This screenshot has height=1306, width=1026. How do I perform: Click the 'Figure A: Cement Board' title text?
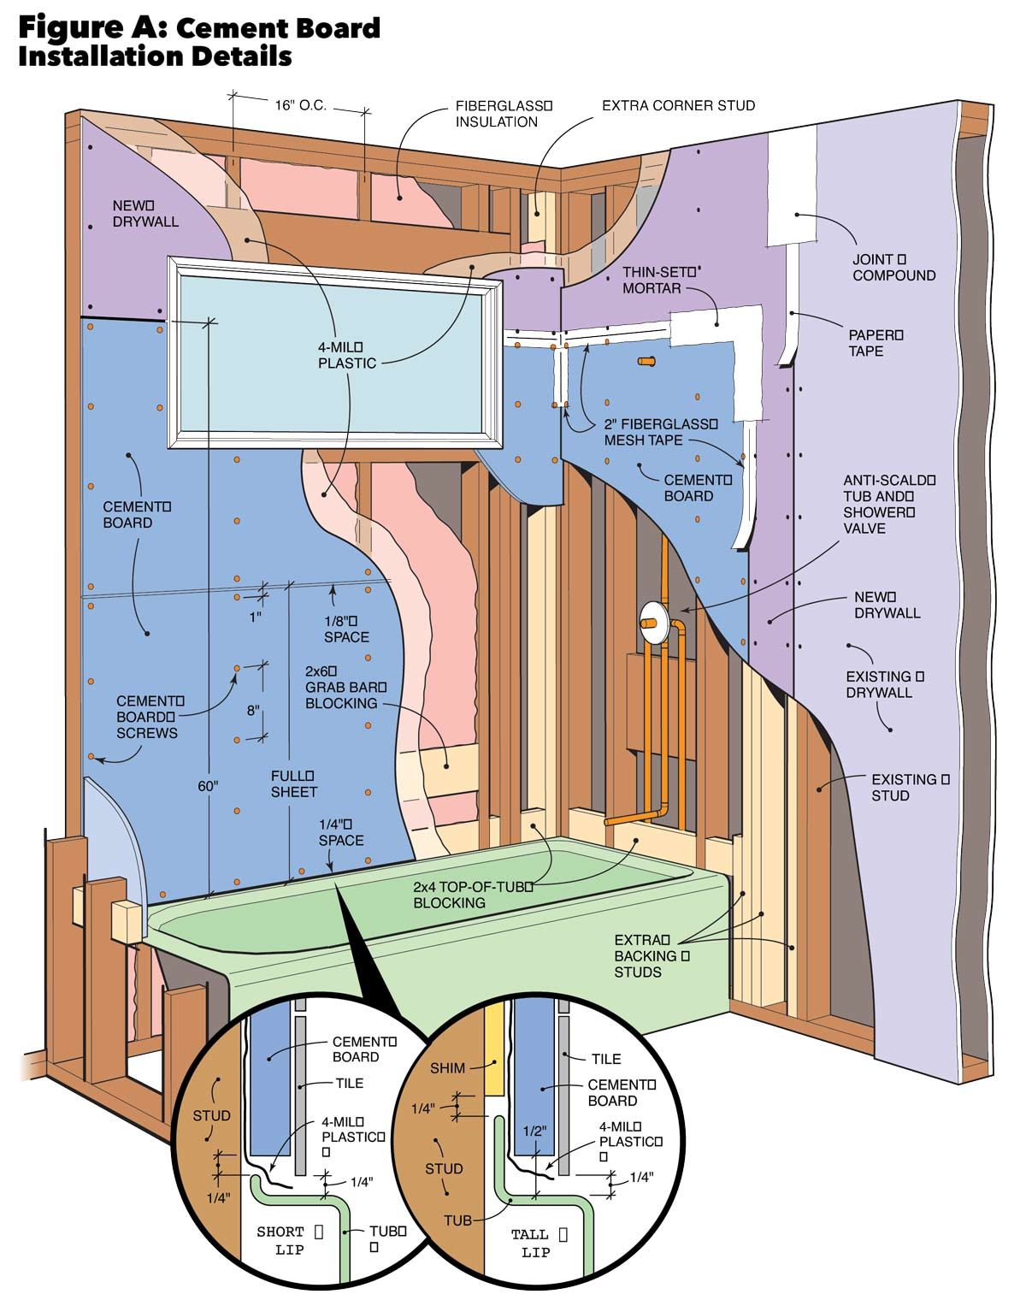tap(199, 27)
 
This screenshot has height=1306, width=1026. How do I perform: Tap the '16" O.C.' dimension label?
tap(300, 106)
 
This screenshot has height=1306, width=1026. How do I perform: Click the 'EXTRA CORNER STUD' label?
tap(678, 106)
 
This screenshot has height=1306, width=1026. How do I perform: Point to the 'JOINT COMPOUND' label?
tap(893, 267)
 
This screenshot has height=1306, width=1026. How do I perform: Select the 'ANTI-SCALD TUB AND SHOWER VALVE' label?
tap(888, 504)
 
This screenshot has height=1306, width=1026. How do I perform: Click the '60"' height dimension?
tap(208, 786)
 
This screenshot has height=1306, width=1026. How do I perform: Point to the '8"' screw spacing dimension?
tap(252, 710)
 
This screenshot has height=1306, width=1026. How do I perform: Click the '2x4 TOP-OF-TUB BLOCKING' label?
tap(472, 894)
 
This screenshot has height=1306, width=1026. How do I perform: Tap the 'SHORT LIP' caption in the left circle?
tap(280, 1241)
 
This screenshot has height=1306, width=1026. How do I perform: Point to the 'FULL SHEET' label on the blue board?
tap(293, 783)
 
